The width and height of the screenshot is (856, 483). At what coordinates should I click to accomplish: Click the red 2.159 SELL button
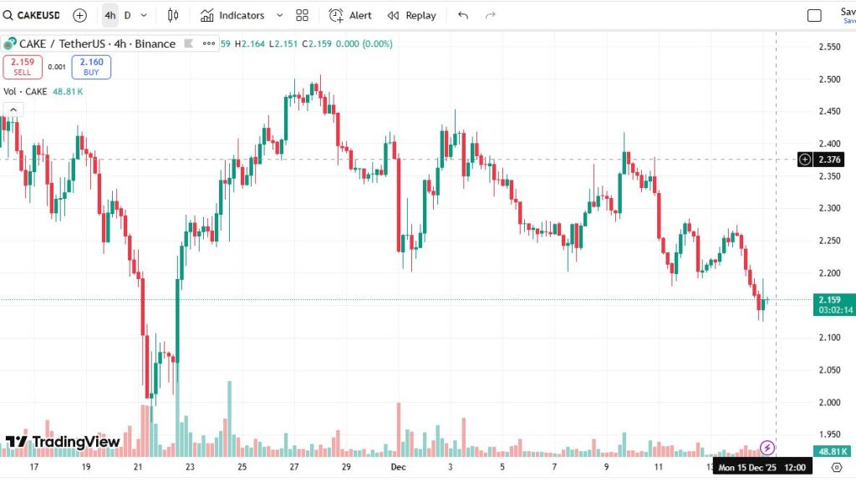(x=23, y=67)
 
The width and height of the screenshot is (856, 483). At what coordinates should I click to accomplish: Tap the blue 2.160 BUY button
(x=91, y=67)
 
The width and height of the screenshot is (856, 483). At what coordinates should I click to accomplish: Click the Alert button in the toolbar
(x=350, y=15)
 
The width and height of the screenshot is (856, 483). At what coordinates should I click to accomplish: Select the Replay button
(x=411, y=15)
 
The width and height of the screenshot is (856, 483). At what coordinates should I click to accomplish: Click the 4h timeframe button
(x=110, y=15)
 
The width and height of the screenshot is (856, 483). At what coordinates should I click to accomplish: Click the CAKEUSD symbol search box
(x=34, y=15)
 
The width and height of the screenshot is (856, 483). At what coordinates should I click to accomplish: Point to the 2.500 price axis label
(x=829, y=79)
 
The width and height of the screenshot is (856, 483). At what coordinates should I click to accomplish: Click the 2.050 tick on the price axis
(x=829, y=369)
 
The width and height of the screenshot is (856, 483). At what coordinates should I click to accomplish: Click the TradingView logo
(x=63, y=441)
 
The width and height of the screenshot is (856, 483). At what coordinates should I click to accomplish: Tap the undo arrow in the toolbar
(x=463, y=15)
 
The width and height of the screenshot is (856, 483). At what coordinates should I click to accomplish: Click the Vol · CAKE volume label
(x=26, y=92)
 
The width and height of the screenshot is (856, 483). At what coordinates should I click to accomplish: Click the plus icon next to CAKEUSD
(x=79, y=15)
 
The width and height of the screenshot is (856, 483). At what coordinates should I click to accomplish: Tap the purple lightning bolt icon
(x=767, y=448)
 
